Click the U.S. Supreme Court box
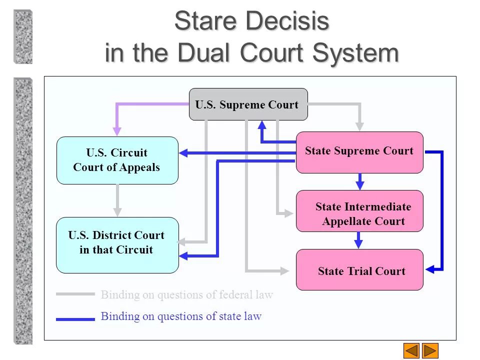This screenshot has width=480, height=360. pos(248,104)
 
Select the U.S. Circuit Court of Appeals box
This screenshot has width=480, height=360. pos(117,160)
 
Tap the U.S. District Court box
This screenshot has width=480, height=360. pos(117,245)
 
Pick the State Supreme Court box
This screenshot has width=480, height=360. pos(359,152)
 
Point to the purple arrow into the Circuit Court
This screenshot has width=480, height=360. pos(117,129)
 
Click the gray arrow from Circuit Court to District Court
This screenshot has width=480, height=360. pos(117,200)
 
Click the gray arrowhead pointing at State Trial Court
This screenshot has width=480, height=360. pos(285,271)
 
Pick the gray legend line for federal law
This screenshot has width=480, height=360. pos(75,294)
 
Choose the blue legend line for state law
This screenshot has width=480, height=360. pos(75,318)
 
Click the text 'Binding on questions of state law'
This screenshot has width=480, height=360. pos(181,316)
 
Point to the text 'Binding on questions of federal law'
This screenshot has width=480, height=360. pos(187,294)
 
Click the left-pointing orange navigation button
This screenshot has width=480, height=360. pos(411,350)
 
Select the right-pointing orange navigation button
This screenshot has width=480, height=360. pos(430,350)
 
